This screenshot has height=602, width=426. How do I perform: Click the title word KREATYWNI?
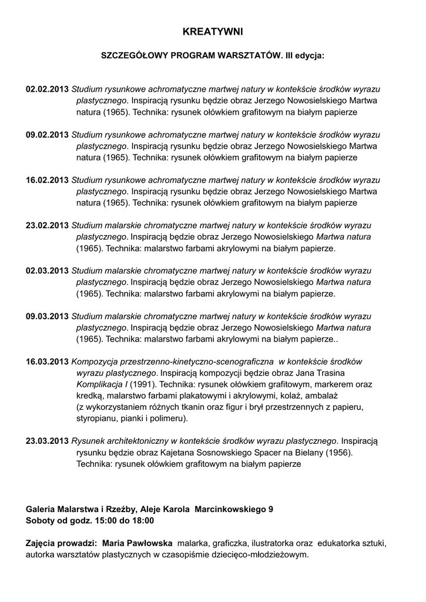(x=213, y=31)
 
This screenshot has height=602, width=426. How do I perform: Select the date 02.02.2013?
(x=47, y=90)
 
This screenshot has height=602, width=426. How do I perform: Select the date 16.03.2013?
(x=47, y=362)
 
